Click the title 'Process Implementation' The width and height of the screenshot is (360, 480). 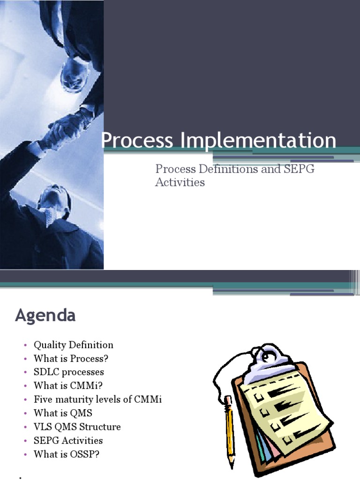tap(218, 141)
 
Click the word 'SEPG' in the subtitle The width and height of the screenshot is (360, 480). tap(299, 169)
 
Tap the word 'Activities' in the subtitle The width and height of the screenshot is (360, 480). tap(180, 182)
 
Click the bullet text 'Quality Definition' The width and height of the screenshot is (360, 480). tap(74, 345)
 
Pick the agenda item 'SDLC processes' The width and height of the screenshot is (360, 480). tap(69, 372)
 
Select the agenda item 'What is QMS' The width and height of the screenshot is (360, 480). tap(63, 413)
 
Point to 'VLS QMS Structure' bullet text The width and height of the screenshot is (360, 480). tap(77, 427)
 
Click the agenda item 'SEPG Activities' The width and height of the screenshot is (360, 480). tap(68, 441)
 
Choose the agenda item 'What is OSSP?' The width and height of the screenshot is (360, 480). tap(67, 454)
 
